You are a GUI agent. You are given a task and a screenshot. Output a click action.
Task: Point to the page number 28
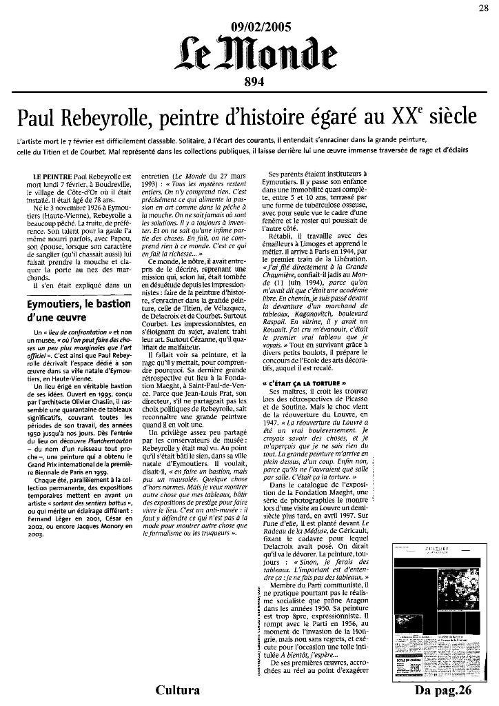(484, 8)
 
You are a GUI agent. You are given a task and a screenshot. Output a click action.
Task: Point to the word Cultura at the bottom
(178, 690)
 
